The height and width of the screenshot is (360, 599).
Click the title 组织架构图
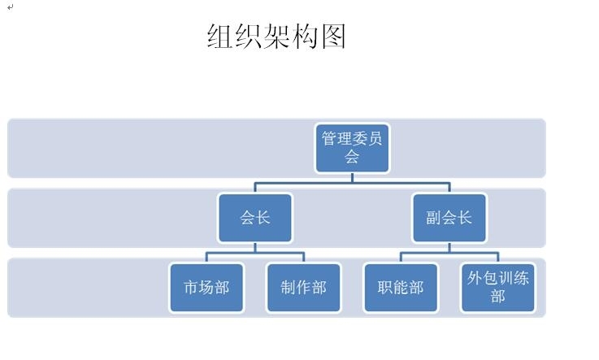(276, 37)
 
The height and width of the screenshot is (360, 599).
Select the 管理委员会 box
(352, 148)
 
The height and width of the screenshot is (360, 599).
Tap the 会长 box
(255, 218)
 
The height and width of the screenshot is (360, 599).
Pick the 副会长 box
(449, 218)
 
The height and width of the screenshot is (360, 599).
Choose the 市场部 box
(206, 288)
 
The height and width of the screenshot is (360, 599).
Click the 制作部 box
(303, 288)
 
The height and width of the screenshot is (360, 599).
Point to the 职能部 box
(401, 288)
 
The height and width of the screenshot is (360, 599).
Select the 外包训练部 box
(497, 288)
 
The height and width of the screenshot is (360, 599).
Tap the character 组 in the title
(220, 37)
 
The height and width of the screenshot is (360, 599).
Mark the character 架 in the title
(276, 37)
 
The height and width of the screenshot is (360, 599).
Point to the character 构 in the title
(305, 37)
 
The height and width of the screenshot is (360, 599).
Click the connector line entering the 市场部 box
(206, 258)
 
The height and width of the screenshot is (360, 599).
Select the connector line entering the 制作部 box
(303, 258)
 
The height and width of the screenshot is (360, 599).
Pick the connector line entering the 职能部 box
(401, 258)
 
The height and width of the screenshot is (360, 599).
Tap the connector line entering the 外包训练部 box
(497, 258)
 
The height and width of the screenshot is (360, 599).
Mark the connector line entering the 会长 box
(255, 188)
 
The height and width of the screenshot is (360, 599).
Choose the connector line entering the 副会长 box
(449, 188)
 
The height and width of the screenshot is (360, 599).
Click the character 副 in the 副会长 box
(433, 218)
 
